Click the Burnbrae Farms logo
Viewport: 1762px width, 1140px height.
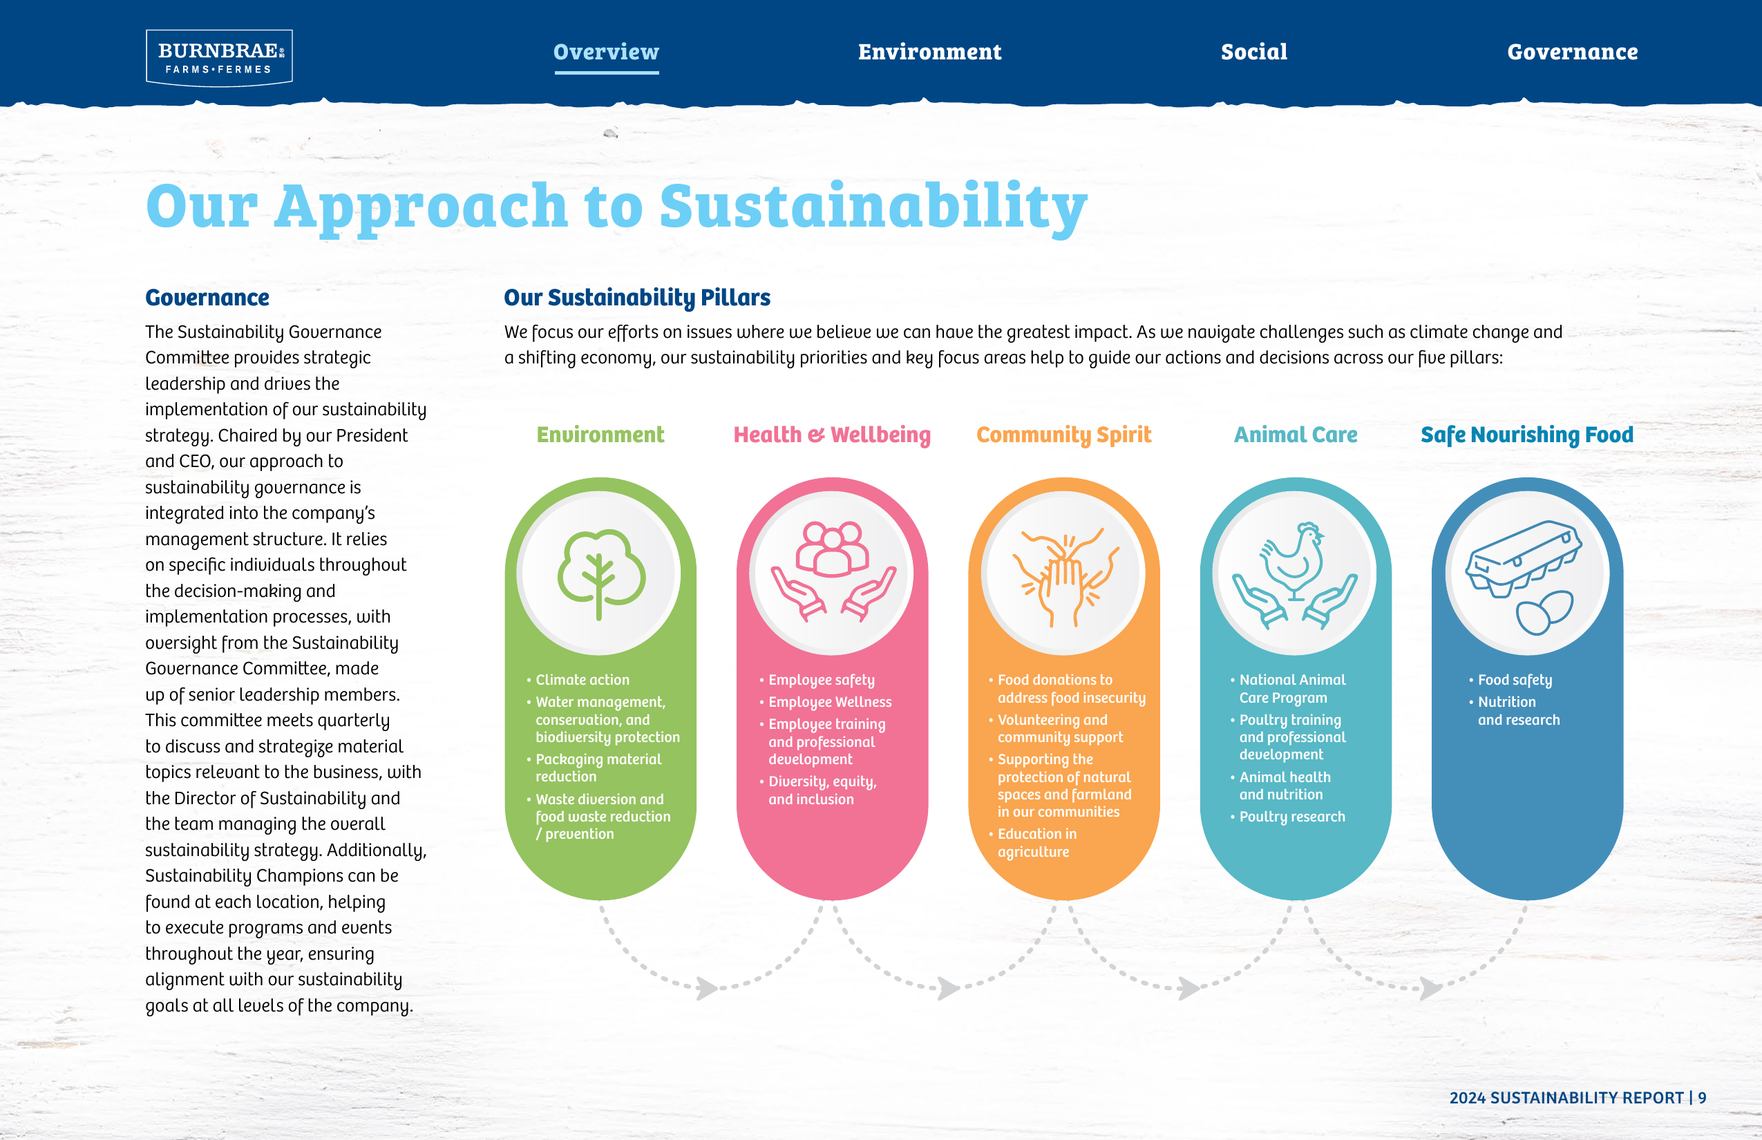pyautogui.click(x=219, y=58)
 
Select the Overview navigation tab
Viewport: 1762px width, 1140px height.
pyautogui.click(x=607, y=52)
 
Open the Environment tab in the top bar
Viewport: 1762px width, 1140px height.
pyautogui.click(x=930, y=52)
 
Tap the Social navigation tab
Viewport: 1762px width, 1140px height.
pyautogui.click(x=1254, y=52)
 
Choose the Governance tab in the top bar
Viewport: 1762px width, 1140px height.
pyautogui.click(x=1573, y=52)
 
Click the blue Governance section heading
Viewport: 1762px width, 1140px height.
pyautogui.click(x=207, y=298)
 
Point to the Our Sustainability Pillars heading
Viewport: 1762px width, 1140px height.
pyautogui.click(x=636, y=298)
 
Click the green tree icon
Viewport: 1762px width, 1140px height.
pyautogui.click(x=600, y=573)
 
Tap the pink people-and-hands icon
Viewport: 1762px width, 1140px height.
pyautogui.click(x=833, y=571)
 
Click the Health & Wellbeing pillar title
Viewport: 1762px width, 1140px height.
pyautogui.click(x=832, y=435)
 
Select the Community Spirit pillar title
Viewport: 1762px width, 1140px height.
pyautogui.click(x=1064, y=435)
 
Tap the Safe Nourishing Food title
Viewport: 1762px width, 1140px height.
pyautogui.click(x=1526, y=435)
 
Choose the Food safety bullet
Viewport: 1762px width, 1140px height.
pyautogui.click(x=1510, y=681)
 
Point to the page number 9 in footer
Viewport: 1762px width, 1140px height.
pyautogui.click(x=1702, y=1098)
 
